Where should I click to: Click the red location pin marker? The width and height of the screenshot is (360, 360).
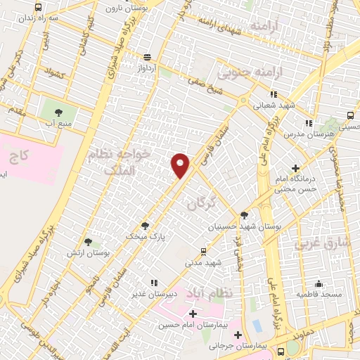[x=181, y=165]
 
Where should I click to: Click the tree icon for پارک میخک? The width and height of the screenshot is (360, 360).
[x=145, y=226]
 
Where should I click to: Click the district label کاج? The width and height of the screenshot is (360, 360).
[x=19, y=154]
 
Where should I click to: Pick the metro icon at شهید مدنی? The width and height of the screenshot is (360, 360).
[x=204, y=251]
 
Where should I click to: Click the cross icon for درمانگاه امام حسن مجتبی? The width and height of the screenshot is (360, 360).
[x=295, y=168]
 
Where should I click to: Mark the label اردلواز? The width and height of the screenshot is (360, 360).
[x=148, y=69]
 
